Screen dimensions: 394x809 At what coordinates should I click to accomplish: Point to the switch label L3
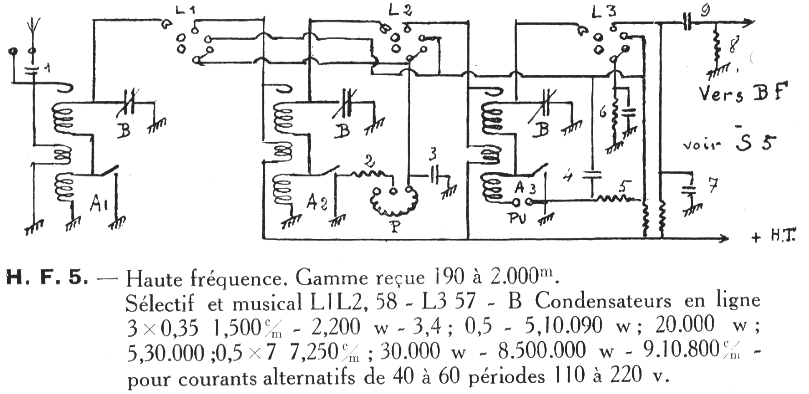coord(604,11)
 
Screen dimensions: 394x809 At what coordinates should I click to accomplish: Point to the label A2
coord(317,203)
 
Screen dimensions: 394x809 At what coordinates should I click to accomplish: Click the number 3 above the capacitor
coord(433,155)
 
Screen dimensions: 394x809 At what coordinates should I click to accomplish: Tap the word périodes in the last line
coord(507,377)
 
